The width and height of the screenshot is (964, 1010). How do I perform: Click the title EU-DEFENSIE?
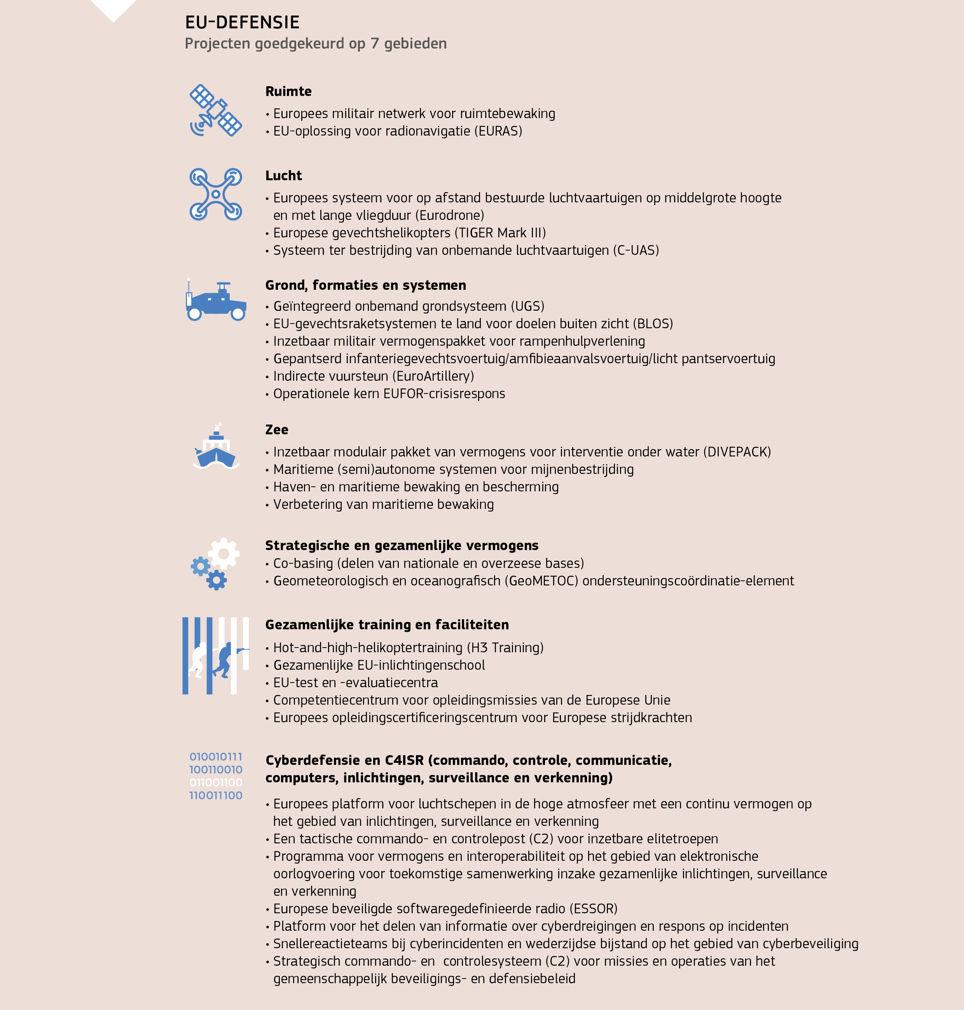242,23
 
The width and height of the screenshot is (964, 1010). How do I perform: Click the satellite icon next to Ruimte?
216,110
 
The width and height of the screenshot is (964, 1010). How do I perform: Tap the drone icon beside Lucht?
216,194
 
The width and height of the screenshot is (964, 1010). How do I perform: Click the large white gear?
224,553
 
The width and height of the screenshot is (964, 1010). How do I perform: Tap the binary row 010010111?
216,756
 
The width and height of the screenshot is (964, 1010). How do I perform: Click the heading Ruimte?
288,91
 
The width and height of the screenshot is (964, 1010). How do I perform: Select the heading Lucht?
283,176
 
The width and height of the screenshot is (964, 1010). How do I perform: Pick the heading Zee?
276,430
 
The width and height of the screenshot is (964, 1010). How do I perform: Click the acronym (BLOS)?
653,324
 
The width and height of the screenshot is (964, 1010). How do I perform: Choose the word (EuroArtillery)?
433,376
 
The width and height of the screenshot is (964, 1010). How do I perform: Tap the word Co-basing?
303,563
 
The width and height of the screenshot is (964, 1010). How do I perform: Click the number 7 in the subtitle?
375,44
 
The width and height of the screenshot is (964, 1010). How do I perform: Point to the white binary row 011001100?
216,782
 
